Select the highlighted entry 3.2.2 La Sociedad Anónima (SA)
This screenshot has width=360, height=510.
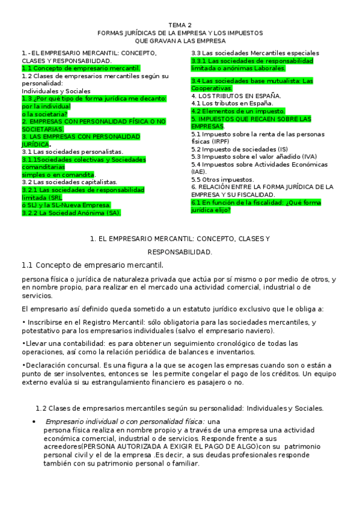(71, 212)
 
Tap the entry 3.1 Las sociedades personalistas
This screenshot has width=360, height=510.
(72, 152)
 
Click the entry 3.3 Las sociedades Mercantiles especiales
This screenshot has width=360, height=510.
(255, 54)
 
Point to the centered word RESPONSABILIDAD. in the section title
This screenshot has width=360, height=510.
(180, 251)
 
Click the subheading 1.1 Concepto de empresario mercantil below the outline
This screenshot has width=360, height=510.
(93, 265)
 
